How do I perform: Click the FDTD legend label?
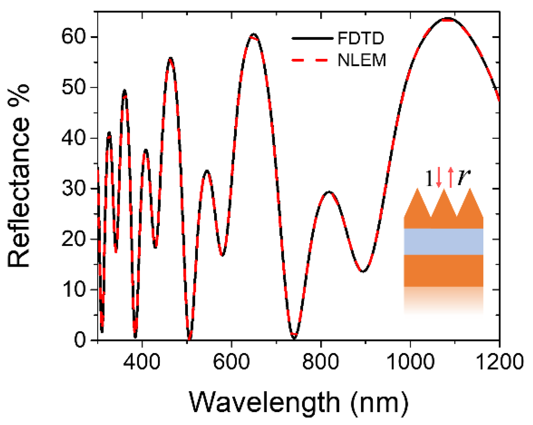pyautogui.click(x=360, y=38)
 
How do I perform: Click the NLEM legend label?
pyautogui.click(x=362, y=60)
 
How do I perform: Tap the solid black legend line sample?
pyautogui.click(x=312, y=38)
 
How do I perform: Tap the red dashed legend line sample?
pyautogui.click(x=312, y=60)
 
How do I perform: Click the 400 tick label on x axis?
pyautogui.click(x=142, y=362)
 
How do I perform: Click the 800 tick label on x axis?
pyautogui.click(x=321, y=362)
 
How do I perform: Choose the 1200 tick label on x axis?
pyautogui.click(x=499, y=362)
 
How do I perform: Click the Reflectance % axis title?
pyautogui.click(x=19, y=176)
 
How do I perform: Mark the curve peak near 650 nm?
pyautogui.click(x=254, y=35)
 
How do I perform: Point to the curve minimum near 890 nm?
pyautogui.click(x=363, y=271)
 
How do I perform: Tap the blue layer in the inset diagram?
pyautogui.click(x=443, y=241)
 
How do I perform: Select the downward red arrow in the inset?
pyautogui.click(x=439, y=177)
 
